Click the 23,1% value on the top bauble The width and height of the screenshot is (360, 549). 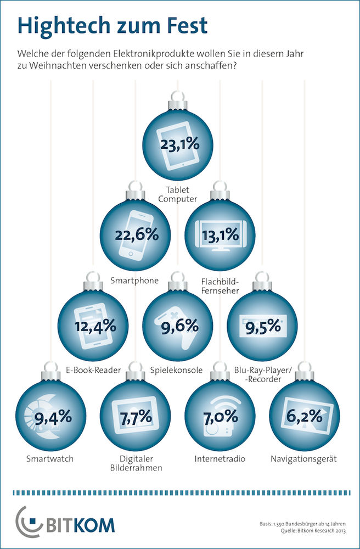179,145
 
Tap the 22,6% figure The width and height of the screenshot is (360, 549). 137,234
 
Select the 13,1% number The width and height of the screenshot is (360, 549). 220,236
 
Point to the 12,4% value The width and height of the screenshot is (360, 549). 95,325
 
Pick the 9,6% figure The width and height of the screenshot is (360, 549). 178,325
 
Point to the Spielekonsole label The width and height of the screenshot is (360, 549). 178,369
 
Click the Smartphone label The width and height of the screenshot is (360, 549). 136,281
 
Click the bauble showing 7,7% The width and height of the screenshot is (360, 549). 136,417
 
